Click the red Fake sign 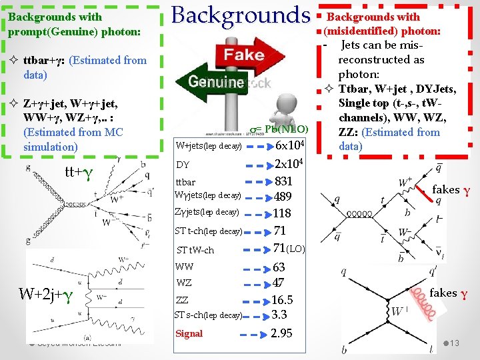click(x=243, y=55)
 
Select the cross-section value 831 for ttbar click(x=283, y=181)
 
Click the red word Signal click(x=189, y=333)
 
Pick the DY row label click(x=183, y=164)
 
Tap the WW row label click(x=185, y=267)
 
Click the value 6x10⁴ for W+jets click(x=290, y=145)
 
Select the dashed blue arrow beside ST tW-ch click(x=256, y=250)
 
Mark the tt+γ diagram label click(x=78, y=171)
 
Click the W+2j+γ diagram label click(x=51, y=293)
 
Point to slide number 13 click(x=455, y=343)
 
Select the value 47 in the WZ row click(x=279, y=283)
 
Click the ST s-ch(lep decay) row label click(x=208, y=315)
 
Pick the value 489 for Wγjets click(x=283, y=197)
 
